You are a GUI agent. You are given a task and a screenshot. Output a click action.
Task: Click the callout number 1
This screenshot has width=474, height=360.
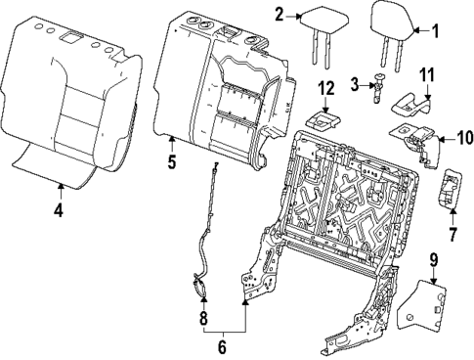pos(436,30)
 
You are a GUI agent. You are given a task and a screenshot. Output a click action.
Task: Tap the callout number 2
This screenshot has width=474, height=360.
pos(279,14)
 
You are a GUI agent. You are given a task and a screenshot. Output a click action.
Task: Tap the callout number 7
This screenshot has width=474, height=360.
pos(452,234)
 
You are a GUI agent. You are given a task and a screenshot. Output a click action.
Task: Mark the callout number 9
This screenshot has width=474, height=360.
pos(432,261)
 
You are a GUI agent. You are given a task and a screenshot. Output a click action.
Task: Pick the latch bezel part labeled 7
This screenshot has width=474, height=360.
pos(451,189)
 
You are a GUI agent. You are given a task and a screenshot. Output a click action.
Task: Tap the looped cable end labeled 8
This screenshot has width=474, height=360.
pos(200,286)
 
